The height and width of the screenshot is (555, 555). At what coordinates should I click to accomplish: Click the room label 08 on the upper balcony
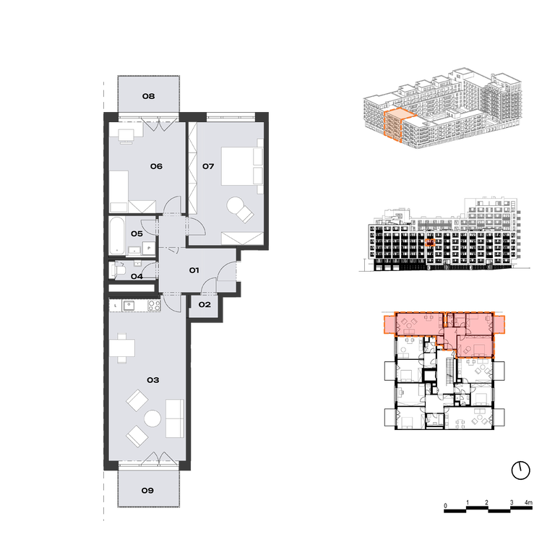(148, 96)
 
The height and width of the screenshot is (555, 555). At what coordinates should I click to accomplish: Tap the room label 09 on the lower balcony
(147, 491)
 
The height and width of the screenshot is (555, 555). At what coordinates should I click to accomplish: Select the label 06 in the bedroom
(156, 166)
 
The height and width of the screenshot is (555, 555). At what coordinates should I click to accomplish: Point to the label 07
(208, 166)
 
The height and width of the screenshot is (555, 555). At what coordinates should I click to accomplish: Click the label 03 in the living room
(153, 380)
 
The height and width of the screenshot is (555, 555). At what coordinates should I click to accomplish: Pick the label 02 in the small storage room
(205, 305)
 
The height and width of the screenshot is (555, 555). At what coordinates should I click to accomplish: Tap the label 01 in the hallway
(194, 270)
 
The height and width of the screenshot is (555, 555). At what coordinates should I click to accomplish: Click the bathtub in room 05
(117, 236)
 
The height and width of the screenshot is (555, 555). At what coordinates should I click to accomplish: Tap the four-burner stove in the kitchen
(154, 305)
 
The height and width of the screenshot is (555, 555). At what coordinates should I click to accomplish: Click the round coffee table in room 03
(152, 418)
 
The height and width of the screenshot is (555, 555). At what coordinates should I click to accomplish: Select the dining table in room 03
(122, 348)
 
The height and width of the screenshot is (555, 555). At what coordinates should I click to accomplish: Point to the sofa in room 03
(175, 418)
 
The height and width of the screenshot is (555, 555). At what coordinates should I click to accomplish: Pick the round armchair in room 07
(240, 209)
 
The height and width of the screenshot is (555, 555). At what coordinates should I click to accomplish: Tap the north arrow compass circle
(520, 470)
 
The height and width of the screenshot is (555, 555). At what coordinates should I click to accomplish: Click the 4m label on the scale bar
(528, 503)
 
